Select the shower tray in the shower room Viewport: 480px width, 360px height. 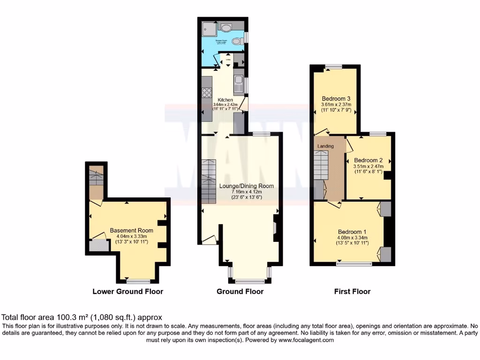coord(208,28)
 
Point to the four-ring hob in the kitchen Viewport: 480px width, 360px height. coord(207,92)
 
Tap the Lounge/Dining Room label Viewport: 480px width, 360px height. coord(247,186)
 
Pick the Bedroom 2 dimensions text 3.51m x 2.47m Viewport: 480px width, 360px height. coord(368,166)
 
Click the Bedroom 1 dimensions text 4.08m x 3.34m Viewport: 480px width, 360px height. coord(352,238)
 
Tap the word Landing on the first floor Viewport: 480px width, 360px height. coord(326,146)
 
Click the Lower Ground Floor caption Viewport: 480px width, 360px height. coord(127,292)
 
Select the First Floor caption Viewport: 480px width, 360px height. coord(352,292)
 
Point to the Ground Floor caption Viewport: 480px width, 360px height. coord(240,292)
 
